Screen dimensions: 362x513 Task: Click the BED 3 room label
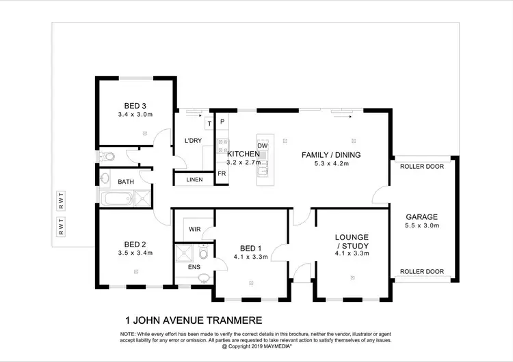(135, 106)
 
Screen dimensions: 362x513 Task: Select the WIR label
(194, 229)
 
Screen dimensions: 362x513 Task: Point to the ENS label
(194, 267)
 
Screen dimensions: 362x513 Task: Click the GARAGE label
(422, 216)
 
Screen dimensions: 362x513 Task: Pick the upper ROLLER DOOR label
(422, 166)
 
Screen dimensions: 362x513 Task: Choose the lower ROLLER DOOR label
(422, 271)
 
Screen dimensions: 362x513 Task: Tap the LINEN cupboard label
(194, 180)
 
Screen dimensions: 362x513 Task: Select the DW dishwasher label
(262, 145)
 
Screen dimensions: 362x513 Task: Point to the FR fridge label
(222, 173)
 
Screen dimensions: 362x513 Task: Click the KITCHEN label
(242, 154)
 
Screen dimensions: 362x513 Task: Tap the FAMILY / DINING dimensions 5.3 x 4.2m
(331, 164)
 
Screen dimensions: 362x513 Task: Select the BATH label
(126, 182)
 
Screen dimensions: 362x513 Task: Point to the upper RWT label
(61, 200)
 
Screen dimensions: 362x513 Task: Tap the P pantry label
(222, 122)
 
